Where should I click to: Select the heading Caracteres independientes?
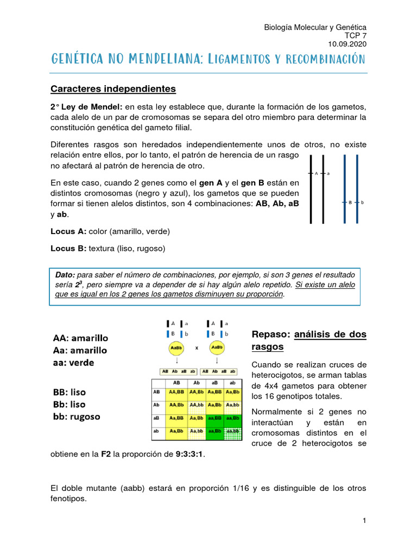(x=113, y=88)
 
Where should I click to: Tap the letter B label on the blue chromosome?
(x=350, y=203)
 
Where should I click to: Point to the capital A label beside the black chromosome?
(x=316, y=174)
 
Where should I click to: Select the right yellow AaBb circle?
(x=217, y=347)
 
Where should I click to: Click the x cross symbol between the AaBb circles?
(x=196, y=347)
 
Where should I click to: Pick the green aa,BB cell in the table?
(x=214, y=418)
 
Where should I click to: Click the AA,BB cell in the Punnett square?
(x=175, y=391)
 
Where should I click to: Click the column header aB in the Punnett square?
(x=214, y=382)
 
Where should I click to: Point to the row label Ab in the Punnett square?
(x=157, y=405)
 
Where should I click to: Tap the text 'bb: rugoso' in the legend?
(x=76, y=417)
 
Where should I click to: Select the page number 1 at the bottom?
(x=365, y=521)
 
